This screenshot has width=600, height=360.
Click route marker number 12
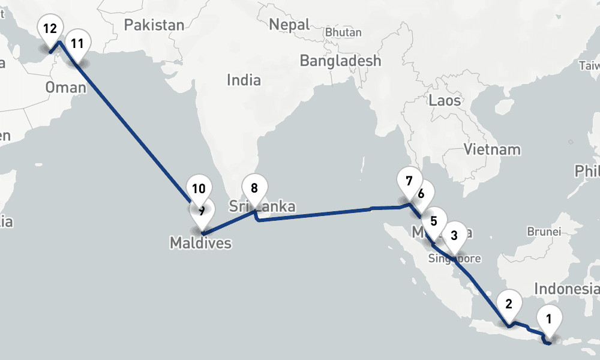[50, 29]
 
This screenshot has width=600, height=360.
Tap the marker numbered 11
[77, 44]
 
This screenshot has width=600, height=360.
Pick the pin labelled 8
[254, 188]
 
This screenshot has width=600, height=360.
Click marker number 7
[409, 181]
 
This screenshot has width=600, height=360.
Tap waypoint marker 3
[454, 235]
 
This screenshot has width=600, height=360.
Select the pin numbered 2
[509, 304]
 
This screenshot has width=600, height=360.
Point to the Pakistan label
[154, 25]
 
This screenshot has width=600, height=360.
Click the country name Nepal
[289, 25]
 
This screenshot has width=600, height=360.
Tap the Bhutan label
[343, 32]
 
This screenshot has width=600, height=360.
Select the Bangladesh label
[340, 61]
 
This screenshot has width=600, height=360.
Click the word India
[244, 80]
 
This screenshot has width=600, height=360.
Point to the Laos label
[444, 100]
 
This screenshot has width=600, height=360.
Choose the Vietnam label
[492, 149]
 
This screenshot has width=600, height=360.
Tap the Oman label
[66, 88]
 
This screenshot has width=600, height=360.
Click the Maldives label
[200, 243]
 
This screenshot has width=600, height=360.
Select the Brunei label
[544, 231]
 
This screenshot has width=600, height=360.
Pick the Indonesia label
[566, 289]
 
